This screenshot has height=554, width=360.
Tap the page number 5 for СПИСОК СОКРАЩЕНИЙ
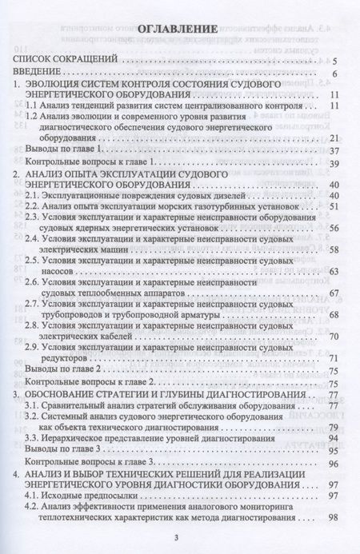click(x=341, y=60)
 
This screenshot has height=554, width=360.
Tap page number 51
click(x=338, y=206)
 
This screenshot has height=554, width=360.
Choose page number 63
click(x=338, y=272)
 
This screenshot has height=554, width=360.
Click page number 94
click(x=338, y=438)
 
